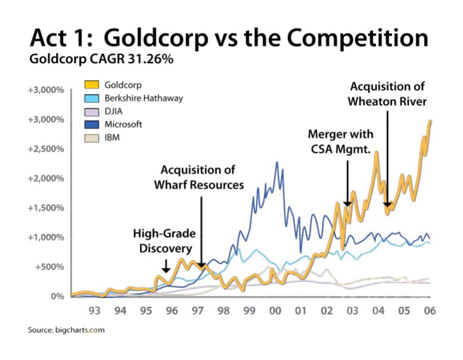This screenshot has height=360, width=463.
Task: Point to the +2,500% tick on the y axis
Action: point(48,148)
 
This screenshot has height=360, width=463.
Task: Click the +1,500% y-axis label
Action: point(48,207)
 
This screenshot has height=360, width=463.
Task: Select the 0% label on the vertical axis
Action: point(57,296)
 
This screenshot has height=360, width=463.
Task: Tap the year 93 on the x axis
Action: point(94,311)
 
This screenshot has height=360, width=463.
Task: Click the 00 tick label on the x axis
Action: point(275,311)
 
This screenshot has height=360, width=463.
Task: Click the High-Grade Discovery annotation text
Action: point(164,241)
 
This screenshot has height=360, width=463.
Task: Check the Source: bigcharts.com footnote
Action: point(66,329)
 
